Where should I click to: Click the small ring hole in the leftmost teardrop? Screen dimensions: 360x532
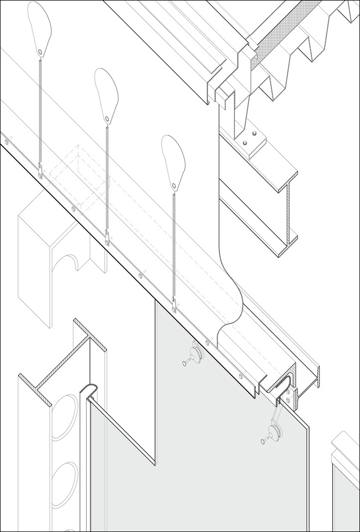(x=41, y=51)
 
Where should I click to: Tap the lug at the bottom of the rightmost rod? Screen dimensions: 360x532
(x=173, y=306)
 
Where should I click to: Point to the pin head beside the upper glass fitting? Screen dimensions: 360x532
(x=185, y=363)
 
